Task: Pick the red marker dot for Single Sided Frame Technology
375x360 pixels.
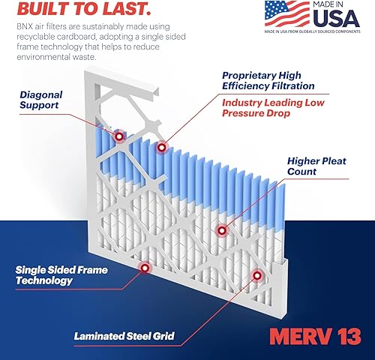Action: pyautogui.click(x=144, y=265)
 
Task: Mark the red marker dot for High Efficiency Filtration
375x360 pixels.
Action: pyautogui.click(x=160, y=147)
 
